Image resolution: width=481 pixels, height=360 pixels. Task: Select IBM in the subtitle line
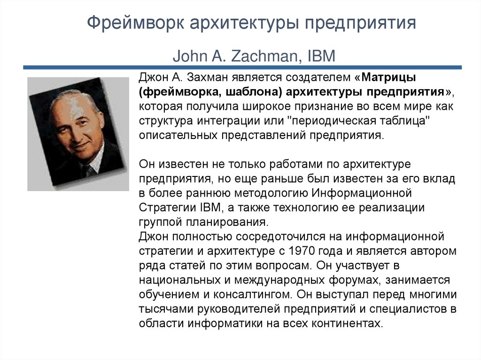pyautogui.click(x=321, y=56)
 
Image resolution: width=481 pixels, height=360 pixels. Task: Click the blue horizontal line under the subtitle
pyautogui.click(x=242, y=68)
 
